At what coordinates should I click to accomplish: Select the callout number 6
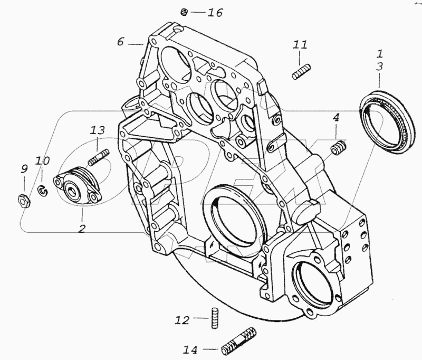[x=121, y=42]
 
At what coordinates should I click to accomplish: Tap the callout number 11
[x=300, y=46]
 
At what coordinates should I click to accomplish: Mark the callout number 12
[x=182, y=319]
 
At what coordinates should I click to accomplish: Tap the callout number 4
[x=335, y=118]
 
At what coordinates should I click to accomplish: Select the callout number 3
[x=379, y=67]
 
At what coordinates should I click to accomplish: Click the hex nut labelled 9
[x=24, y=200]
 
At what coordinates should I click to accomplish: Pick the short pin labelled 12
[x=215, y=319]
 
